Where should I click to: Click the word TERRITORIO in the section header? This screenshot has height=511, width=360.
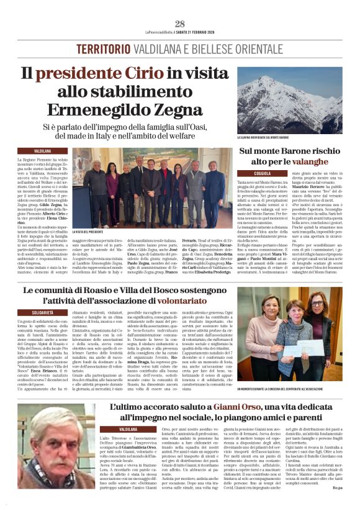(x=106, y=48)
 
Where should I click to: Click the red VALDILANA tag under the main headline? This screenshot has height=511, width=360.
(x=42, y=151)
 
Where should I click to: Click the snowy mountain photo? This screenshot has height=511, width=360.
(x=289, y=101)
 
